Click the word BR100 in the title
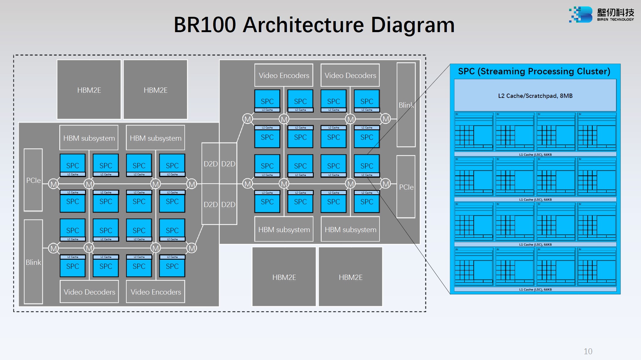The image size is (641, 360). pyautogui.click(x=205, y=25)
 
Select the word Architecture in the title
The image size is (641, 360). pyautogui.click(x=303, y=25)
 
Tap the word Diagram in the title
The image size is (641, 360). pyautogui.click(x=413, y=25)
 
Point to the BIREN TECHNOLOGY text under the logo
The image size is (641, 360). pyautogui.click(x=615, y=20)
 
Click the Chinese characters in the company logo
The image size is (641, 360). pyautogui.click(x=615, y=12)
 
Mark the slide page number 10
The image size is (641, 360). pyautogui.click(x=588, y=351)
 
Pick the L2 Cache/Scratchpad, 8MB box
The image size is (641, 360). pyautogui.click(x=535, y=96)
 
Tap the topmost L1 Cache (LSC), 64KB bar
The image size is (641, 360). pyautogui.click(x=535, y=154)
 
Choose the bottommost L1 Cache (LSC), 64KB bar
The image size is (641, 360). pyautogui.click(x=535, y=289)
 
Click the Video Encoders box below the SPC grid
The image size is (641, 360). pyautogui.click(x=156, y=292)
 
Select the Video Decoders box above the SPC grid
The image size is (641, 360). pyautogui.click(x=350, y=75)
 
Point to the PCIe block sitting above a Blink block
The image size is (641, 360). pyautogui.click(x=33, y=180)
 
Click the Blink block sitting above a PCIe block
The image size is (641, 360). pyautogui.click(x=406, y=105)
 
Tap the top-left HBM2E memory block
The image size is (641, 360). pyautogui.click(x=89, y=90)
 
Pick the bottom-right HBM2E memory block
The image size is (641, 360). pyautogui.click(x=350, y=277)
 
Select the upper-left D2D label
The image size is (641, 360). pyautogui.click(x=210, y=164)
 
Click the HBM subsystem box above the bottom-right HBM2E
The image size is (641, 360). pyautogui.click(x=350, y=229)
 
